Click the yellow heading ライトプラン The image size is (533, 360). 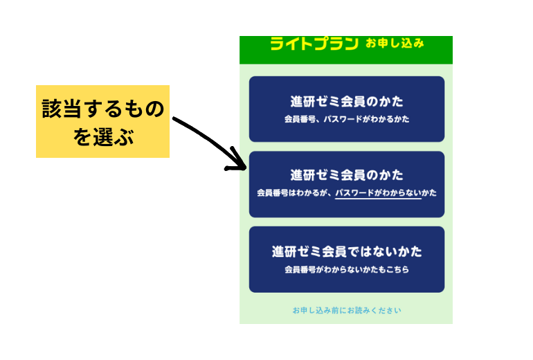click(x=314, y=44)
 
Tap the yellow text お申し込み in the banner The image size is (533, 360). click(x=395, y=43)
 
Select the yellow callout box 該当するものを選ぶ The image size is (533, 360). click(x=102, y=121)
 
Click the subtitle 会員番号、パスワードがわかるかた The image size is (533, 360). click(x=347, y=119)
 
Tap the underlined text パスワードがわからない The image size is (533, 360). click(x=378, y=192)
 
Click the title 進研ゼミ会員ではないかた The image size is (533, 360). click(x=347, y=251)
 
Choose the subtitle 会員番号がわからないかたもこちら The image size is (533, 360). click(x=347, y=269)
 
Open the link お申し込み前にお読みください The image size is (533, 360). click(x=347, y=310)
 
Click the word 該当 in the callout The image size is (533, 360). click(x=62, y=109)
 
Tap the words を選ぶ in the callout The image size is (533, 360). click(x=103, y=137)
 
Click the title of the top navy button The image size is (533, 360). click(x=347, y=101)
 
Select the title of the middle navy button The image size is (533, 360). click(x=347, y=175)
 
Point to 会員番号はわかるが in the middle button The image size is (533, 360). click(x=292, y=192)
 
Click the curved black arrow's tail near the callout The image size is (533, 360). click(x=174, y=118)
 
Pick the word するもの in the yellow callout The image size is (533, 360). click(x=124, y=109)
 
